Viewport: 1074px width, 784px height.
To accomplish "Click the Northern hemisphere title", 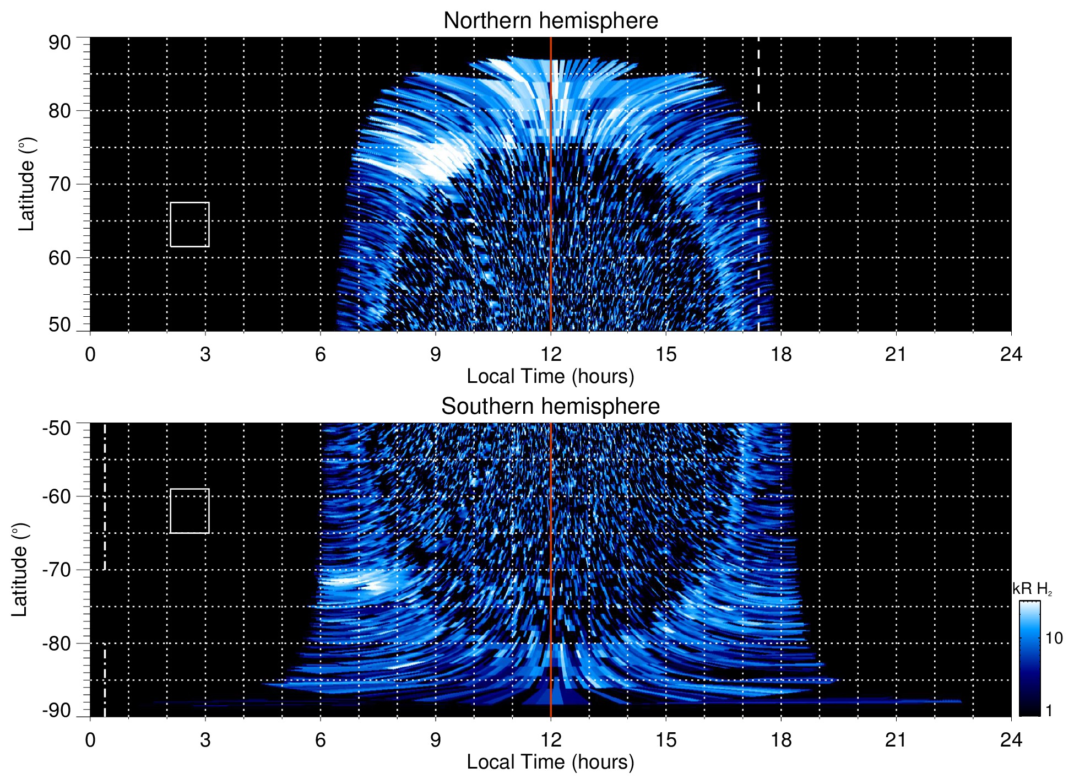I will click(550, 21).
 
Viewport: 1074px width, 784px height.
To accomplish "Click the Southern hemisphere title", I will click(550, 407).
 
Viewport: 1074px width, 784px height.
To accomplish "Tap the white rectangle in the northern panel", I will click(189, 224).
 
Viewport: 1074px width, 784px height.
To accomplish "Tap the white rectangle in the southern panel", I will click(189, 511).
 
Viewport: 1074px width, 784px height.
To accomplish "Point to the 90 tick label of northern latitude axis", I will click(59, 43).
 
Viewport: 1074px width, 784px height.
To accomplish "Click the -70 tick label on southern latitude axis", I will click(57, 570).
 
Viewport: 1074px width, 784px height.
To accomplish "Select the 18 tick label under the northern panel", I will click(781, 354).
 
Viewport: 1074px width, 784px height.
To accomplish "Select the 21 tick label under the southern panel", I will click(896, 740).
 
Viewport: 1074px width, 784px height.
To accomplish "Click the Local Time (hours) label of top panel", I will click(550, 376).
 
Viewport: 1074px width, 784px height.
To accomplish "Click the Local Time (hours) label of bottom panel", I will click(550, 762).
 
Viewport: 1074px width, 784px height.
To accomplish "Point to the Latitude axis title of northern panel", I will click(26, 185).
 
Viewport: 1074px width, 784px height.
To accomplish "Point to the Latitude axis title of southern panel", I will click(20, 570).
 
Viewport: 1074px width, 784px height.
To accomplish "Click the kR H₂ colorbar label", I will click(1032, 589).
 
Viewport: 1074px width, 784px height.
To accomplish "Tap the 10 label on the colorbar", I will click(1054, 638).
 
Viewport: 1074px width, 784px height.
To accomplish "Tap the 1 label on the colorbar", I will click(1049, 710).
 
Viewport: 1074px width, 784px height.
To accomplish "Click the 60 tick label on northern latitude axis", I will click(59, 258).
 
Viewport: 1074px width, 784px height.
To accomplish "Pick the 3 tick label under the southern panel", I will click(205, 740).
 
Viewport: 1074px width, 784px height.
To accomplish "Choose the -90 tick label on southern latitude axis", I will click(57, 711).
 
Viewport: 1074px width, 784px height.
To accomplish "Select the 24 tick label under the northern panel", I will click(1011, 354).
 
